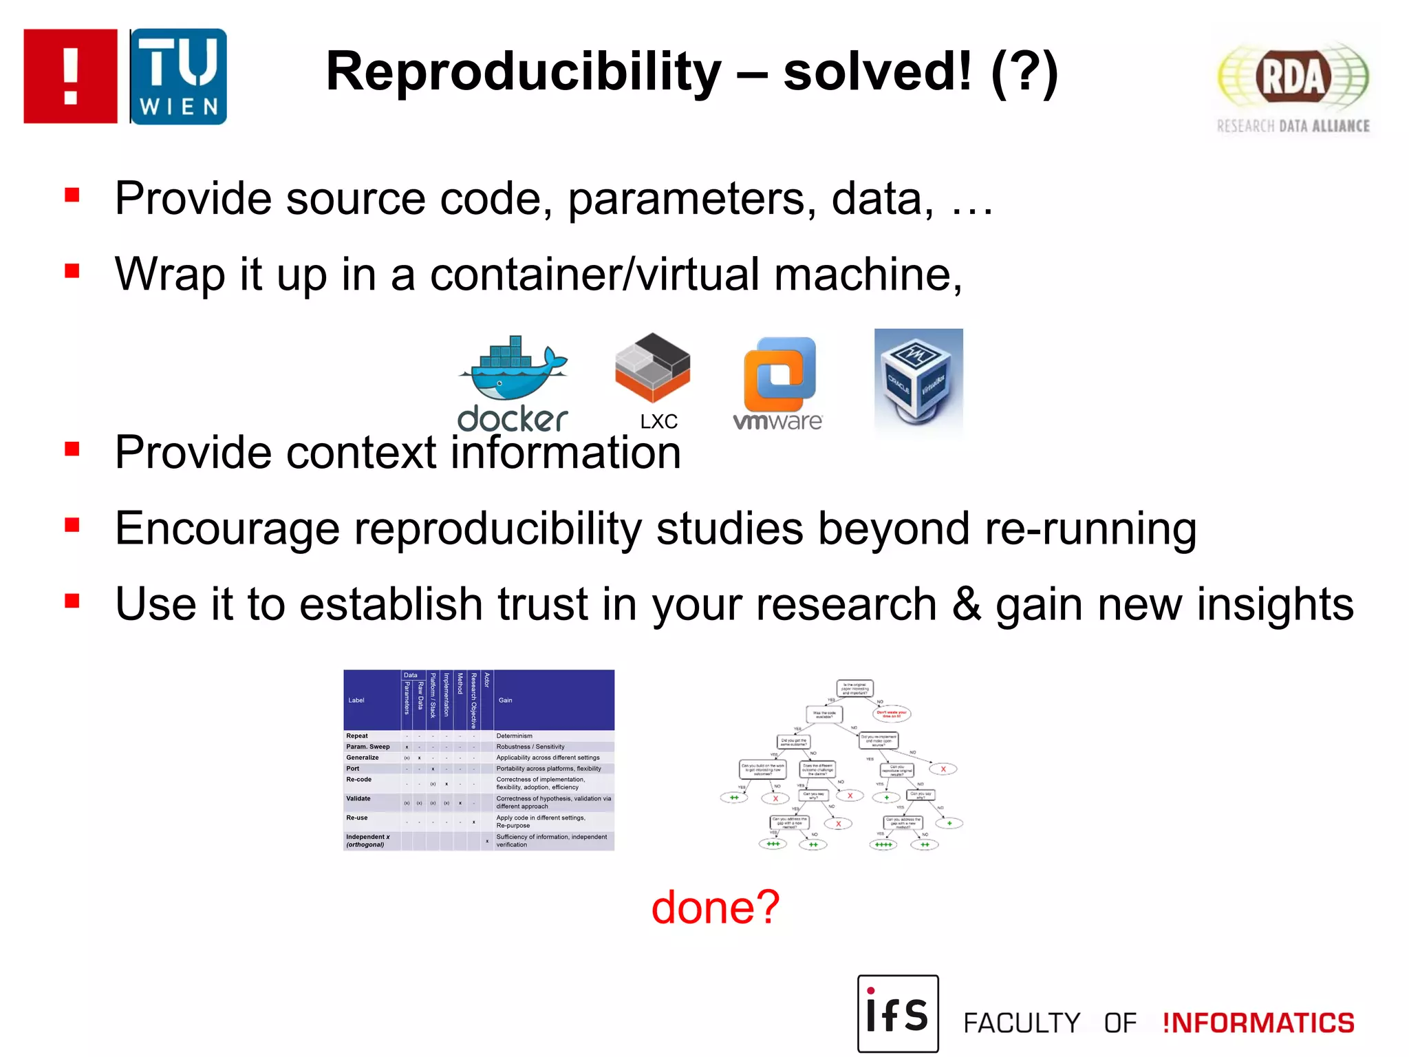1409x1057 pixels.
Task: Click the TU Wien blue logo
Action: pos(178,76)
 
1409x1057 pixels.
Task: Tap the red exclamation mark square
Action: pos(70,76)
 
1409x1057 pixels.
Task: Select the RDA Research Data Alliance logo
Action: pos(1293,86)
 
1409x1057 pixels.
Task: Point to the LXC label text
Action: pos(658,421)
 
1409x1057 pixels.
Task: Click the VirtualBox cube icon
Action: pos(918,381)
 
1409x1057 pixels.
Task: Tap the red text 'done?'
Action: pos(715,907)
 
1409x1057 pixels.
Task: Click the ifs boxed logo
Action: pos(897,1013)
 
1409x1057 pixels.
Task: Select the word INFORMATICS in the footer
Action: pos(1258,1023)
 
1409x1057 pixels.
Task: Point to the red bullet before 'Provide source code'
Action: pos(72,195)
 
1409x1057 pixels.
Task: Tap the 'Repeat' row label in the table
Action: pos(357,736)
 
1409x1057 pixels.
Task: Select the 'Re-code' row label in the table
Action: pos(358,780)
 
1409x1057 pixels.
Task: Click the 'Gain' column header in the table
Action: pos(505,700)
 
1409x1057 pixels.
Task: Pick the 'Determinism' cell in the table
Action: pos(514,736)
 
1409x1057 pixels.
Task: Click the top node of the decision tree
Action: pos(855,688)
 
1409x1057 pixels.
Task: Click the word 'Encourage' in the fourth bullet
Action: pos(227,528)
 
